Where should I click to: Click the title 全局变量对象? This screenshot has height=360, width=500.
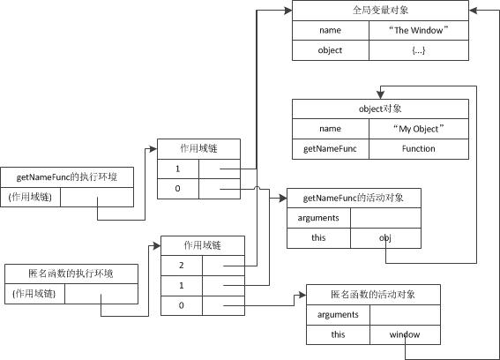380,11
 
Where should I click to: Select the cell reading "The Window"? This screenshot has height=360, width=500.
418,30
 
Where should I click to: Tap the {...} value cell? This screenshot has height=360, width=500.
418,50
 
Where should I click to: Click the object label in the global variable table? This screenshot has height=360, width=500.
330,50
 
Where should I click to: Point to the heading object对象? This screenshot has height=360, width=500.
380,109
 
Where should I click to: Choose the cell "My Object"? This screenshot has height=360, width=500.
418,129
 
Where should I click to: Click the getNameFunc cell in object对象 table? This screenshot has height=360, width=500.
330,149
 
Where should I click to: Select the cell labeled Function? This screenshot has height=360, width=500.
418,149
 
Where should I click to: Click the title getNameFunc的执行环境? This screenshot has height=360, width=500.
68,177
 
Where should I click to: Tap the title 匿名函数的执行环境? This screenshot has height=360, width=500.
71,274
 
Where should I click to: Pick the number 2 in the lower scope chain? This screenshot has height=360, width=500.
182,265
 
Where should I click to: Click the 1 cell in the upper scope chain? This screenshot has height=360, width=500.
178,168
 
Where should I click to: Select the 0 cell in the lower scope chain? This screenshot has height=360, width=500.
182,305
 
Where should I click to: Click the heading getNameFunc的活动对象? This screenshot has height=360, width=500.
354,198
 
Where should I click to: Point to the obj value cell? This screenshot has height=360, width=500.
385,238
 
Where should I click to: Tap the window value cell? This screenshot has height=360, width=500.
405,334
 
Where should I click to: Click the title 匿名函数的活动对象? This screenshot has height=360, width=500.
372,294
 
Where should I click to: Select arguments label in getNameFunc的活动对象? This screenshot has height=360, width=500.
318,218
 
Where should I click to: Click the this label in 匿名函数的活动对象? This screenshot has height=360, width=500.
338,334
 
